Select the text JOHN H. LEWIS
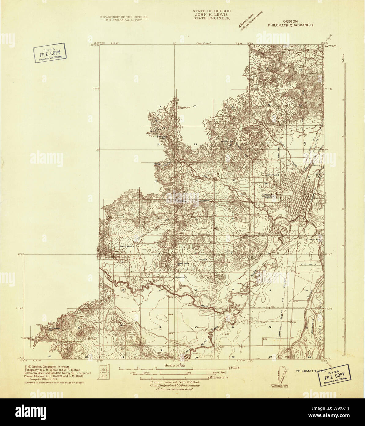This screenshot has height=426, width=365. pyautogui.click(x=212, y=14)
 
